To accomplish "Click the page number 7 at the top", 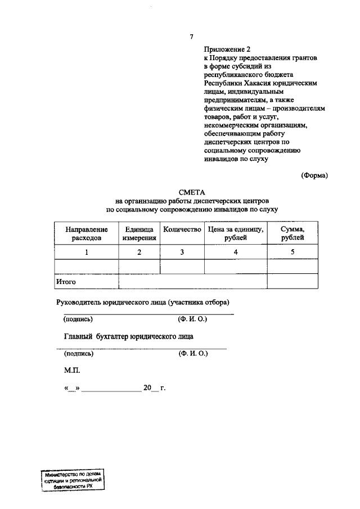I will click(192, 37).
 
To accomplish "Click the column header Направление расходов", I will click(87, 234).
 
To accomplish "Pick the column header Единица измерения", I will click(139, 234).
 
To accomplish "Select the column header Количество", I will click(182, 230).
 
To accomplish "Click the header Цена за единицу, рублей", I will click(235, 234).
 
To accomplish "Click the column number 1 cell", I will click(87, 253).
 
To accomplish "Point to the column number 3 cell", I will click(182, 253).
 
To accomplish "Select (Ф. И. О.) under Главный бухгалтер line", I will click(193, 354).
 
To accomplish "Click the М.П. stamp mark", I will click(73, 371).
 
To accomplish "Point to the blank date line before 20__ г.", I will click(111, 389).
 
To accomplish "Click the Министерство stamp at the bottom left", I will click(73, 480).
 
